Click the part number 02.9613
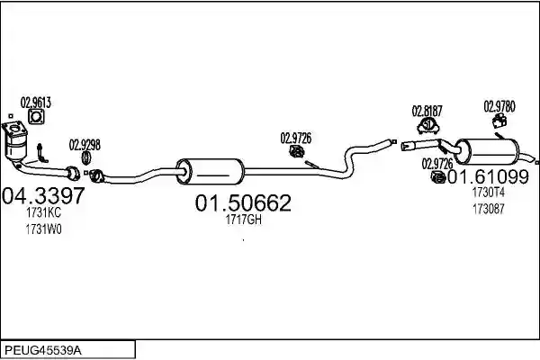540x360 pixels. (35, 103)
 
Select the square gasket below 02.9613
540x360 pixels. (36, 117)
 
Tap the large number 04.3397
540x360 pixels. (43, 195)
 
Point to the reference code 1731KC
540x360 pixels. (43, 213)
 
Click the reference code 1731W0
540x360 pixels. (43, 229)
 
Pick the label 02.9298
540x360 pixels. (85, 145)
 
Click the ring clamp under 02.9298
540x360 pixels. (85, 157)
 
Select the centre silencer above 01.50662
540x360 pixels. (210, 172)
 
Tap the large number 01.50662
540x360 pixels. (243, 202)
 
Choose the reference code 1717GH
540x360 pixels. (244, 220)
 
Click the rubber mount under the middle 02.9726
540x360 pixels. (296, 151)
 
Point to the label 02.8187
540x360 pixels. (427, 112)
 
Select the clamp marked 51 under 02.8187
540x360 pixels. (428, 126)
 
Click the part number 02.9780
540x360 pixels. (499, 107)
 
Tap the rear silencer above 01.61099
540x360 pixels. (486, 151)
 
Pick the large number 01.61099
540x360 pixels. (488, 176)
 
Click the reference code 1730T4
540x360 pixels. (489, 193)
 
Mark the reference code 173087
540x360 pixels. (489, 209)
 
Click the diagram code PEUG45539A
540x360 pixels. (43, 351)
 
